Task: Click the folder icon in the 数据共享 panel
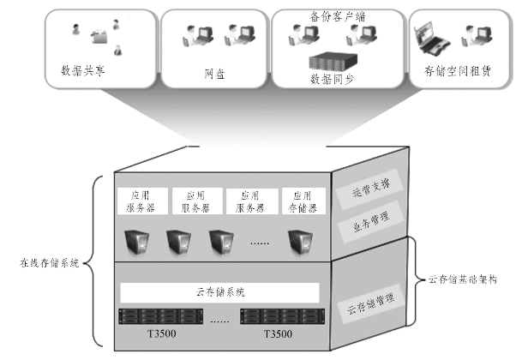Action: (x=99, y=37)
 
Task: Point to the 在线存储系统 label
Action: (x=51, y=263)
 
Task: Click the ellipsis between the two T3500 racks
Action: (x=219, y=321)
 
